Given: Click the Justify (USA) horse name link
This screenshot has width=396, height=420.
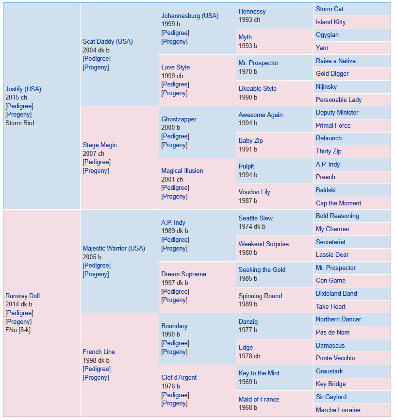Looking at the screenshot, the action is (x=23, y=89).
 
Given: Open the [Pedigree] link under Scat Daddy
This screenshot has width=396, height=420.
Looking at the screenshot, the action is (x=97, y=58).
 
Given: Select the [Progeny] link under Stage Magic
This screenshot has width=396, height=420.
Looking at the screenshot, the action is (x=96, y=170).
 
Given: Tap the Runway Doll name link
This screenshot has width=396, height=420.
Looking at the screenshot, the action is (x=22, y=296).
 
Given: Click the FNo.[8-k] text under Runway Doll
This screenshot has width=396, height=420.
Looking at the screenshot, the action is (x=18, y=330).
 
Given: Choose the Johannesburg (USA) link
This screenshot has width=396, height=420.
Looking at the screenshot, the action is (x=190, y=16).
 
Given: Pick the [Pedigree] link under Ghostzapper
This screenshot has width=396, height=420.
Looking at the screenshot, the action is (x=175, y=136).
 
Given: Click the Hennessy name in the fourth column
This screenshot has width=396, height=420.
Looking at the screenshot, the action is (x=252, y=12).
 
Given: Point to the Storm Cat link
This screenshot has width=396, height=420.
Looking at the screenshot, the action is (x=330, y=9).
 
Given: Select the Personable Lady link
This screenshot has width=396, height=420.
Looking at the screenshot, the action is (x=339, y=100).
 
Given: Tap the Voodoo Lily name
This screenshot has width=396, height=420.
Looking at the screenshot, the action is (x=254, y=192).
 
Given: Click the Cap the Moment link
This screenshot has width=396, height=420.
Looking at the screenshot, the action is (x=338, y=203).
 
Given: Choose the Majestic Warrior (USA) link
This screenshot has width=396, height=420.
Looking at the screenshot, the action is (x=114, y=248).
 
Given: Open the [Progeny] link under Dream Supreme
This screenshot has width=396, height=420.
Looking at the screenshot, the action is (x=174, y=300).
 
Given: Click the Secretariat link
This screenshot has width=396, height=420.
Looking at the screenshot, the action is (x=330, y=242).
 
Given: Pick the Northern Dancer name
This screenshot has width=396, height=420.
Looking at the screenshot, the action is (x=338, y=319).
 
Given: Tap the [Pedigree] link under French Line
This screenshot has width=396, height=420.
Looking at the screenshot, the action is (x=97, y=369).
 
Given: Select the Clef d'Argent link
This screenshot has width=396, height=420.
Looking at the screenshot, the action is (x=179, y=377).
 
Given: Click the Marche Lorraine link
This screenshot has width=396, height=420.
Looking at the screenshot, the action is (x=338, y=410).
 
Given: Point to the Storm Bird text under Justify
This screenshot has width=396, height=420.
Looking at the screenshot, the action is (x=20, y=123).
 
